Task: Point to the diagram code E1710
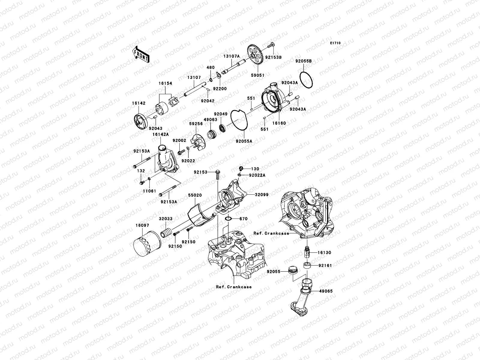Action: point(335,43)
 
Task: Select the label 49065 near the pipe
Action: point(325,291)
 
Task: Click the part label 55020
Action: point(195,195)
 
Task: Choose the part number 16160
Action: point(279,123)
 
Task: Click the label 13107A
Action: point(231,56)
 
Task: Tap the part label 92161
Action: point(325,265)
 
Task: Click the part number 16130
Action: point(324,253)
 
